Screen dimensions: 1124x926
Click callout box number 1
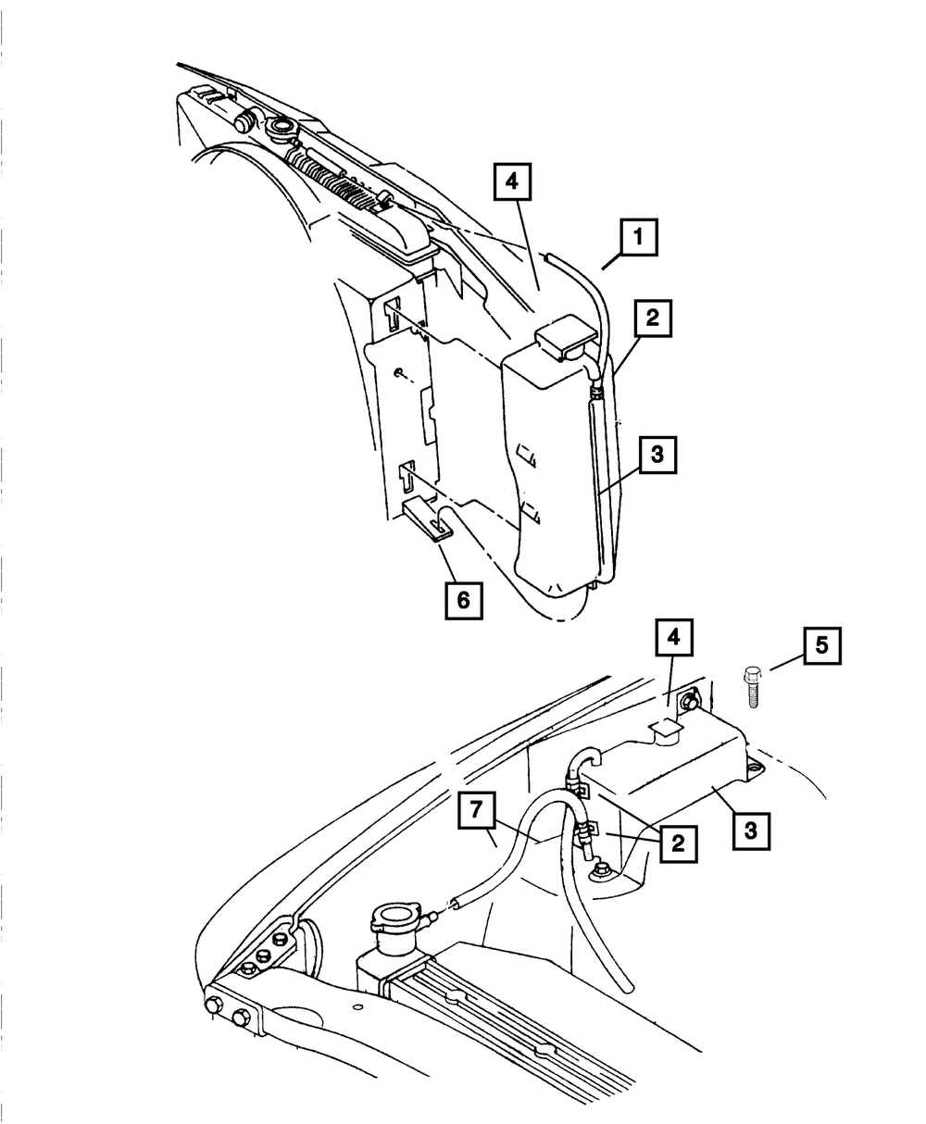pyautogui.click(x=638, y=239)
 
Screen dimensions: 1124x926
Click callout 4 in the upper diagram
pyautogui.click(x=512, y=182)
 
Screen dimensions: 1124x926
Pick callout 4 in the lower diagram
pyautogui.click(x=676, y=639)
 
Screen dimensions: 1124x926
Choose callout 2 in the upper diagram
pyautogui.click(x=652, y=319)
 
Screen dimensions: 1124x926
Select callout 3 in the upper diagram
pyautogui.click(x=657, y=456)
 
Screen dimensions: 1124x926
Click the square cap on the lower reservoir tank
pyautogui.click(x=665, y=731)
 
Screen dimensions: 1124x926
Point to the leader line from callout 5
pyautogui.click(x=781, y=663)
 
